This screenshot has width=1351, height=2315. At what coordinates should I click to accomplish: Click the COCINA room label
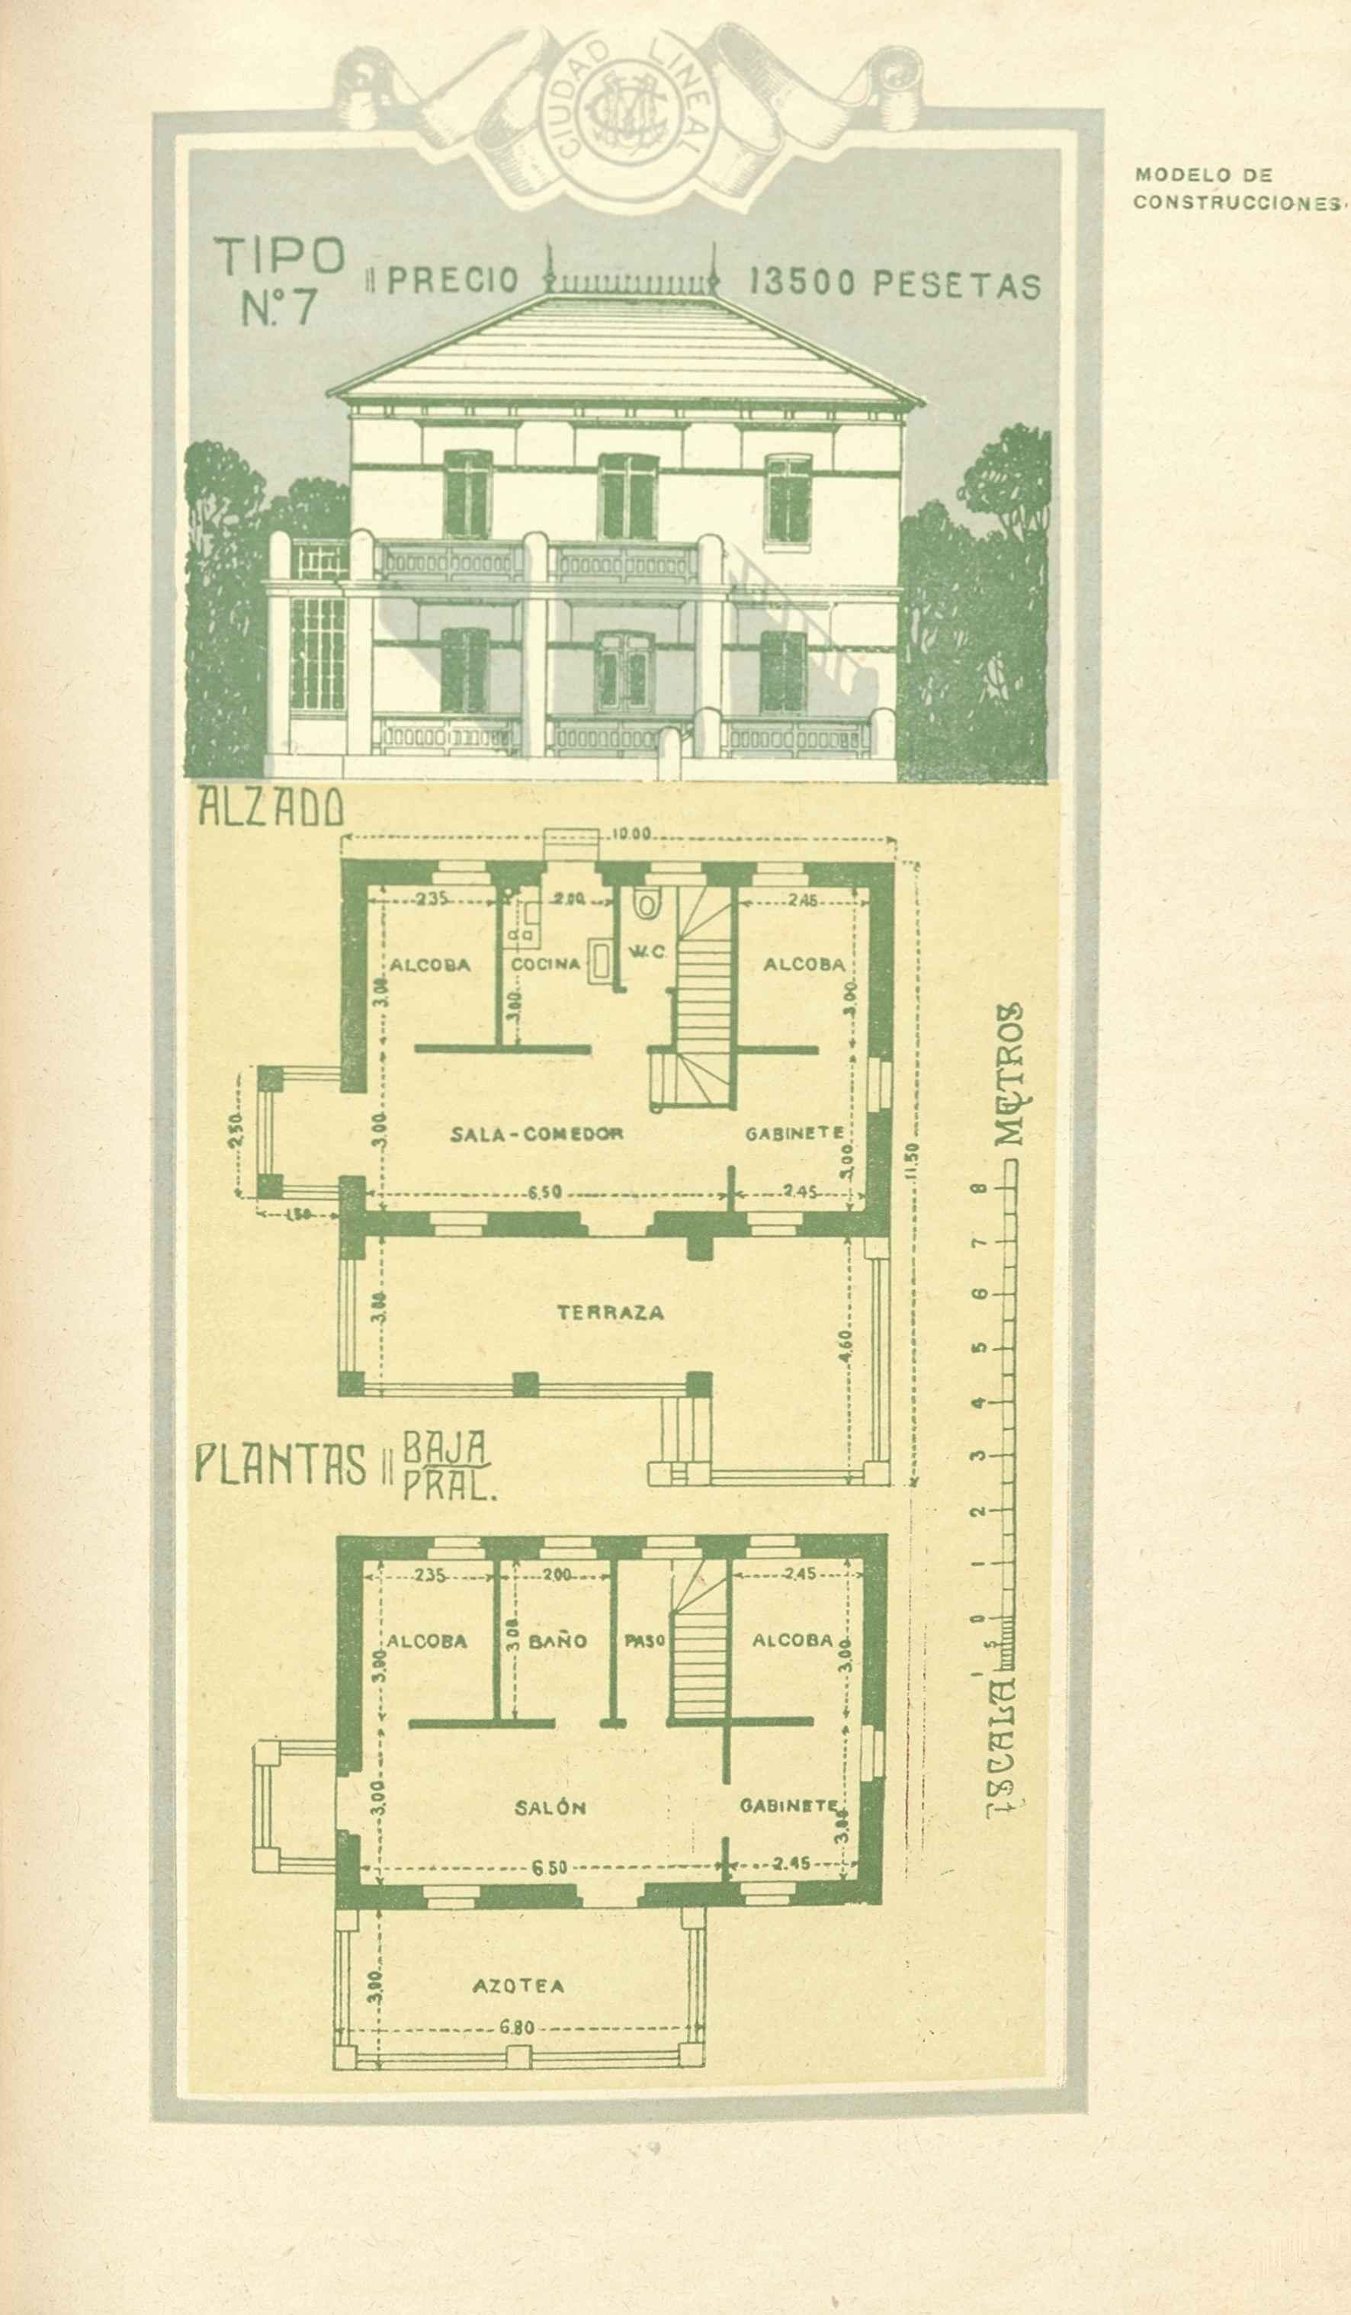tap(546, 964)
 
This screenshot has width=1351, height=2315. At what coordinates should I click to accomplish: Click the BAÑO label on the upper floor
tap(558, 1641)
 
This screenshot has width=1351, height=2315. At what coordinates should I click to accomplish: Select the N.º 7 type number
tap(279, 309)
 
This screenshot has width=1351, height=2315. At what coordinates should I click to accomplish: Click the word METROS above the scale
tap(1009, 1072)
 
